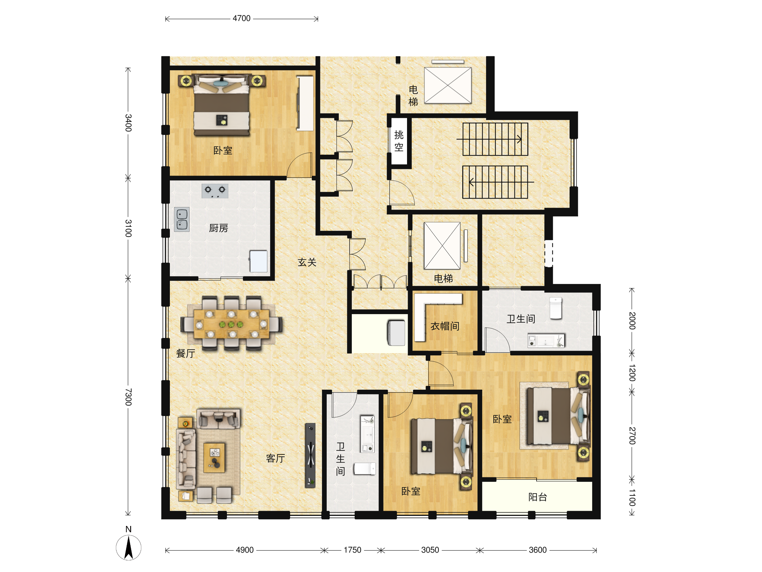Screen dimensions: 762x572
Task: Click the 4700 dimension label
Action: click(242, 18)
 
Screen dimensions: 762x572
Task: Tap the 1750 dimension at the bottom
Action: click(352, 550)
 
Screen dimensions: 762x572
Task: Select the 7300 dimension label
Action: click(128, 397)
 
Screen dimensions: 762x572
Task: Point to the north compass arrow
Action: click(129, 548)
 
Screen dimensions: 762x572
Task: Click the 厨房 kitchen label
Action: click(218, 228)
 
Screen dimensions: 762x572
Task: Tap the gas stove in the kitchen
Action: click(215, 191)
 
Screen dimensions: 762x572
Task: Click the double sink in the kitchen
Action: click(182, 219)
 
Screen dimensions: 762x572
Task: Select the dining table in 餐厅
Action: click(231, 324)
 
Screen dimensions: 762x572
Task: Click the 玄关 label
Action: click(307, 262)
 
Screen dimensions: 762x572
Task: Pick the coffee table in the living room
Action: click(214, 457)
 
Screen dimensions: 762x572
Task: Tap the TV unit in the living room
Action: click(311, 455)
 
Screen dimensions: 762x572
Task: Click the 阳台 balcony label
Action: click(538, 497)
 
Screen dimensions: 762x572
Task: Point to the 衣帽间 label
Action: click(445, 326)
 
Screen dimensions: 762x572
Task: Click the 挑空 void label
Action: click(399, 141)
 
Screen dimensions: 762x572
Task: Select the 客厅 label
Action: click(276, 458)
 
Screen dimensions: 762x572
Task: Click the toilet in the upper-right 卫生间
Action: click(556, 308)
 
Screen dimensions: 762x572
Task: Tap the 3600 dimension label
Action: click(538, 550)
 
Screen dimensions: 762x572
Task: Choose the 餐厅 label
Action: click(186, 353)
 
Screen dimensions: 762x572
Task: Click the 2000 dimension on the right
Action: click(632, 320)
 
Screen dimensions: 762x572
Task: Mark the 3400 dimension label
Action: click(128, 123)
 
